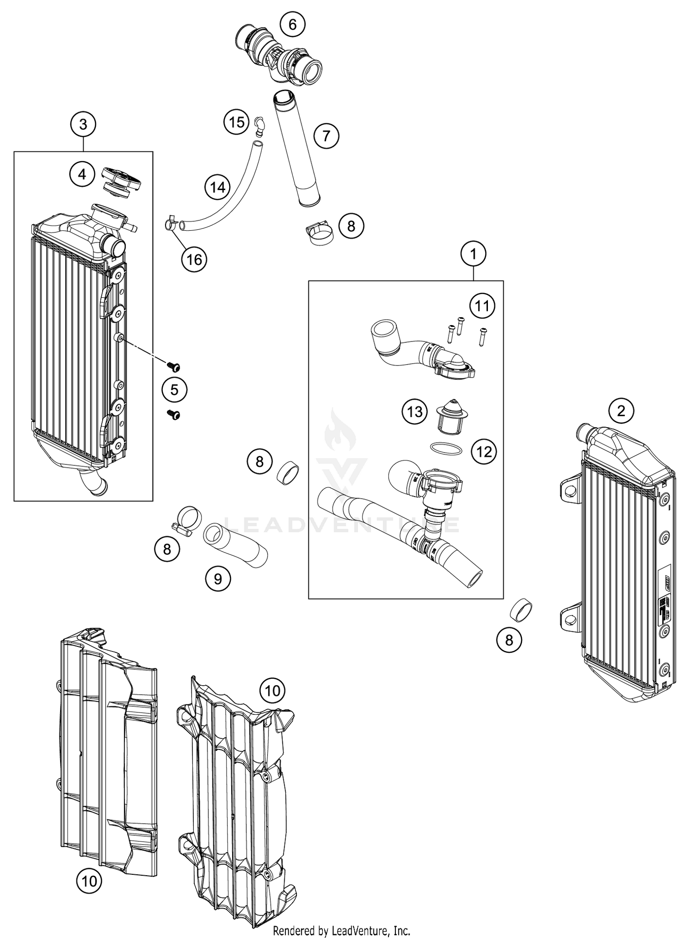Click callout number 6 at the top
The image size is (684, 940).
click(292, 24)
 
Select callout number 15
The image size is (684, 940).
click(237, 122)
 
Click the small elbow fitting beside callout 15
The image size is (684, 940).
click(259, 126)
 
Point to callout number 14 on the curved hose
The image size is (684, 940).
click(218, 187)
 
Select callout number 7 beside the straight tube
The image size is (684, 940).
click(326, 135)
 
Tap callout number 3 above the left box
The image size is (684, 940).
click(83, 124)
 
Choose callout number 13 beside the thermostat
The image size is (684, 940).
click(415, 412)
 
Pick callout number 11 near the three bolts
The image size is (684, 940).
click(482, 306)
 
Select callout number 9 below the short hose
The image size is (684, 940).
click(218, 578)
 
